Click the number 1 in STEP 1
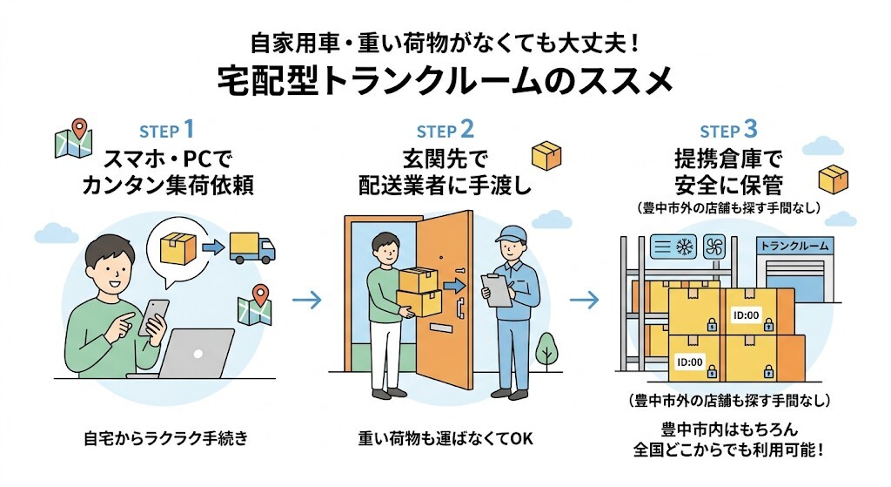point(188,131)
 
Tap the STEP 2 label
point(445,131)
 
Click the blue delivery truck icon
point(251,247)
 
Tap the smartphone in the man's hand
point(157,315)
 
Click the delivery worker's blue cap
point(511,233)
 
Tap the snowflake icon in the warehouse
point(683,247)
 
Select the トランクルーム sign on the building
point(794,246)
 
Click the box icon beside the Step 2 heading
point(546,157)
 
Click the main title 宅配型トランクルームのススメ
point(445,80)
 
